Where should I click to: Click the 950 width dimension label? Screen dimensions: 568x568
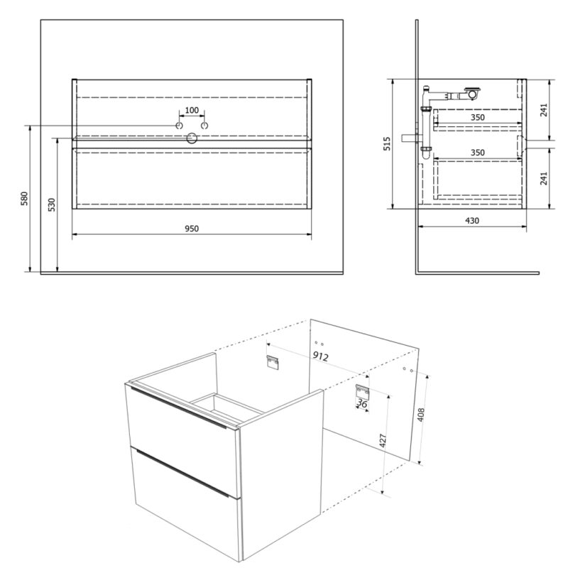[192, 229]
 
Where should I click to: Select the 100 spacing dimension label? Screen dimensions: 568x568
[192, 110]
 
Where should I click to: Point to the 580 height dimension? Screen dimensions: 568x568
[24, 199]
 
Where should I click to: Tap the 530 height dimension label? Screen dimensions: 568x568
[52, 204]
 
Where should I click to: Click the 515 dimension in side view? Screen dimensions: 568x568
[387, 144]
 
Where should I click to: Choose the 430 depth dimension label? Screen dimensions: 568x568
[472, 221]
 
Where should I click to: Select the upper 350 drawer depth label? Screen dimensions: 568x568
[477, 117]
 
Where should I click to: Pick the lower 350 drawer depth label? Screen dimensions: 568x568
[477, 153]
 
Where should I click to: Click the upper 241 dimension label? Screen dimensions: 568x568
[544, 110]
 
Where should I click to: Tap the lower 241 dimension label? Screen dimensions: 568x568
[544, 178]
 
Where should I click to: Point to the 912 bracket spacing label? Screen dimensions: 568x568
[321, 356]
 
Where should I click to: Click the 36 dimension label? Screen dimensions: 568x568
[362, 403]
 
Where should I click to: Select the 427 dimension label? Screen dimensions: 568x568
[383, 440]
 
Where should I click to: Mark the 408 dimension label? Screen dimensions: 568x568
[420, 415]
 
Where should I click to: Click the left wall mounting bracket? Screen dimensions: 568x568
[273, 362]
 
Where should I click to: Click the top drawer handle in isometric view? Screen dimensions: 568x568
[178, 408]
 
